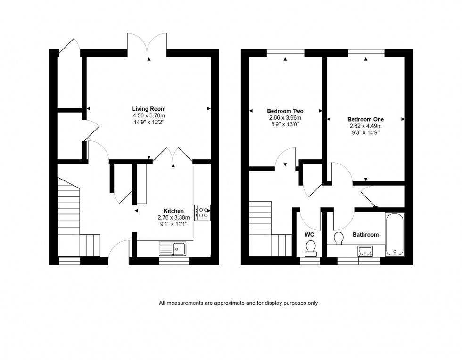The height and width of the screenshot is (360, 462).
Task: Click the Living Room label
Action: click(148, 109)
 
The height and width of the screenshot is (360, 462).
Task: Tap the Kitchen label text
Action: click(173, 211)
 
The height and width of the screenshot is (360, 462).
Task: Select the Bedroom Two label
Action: click(285, 111)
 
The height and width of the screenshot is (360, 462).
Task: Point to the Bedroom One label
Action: click(365, 119)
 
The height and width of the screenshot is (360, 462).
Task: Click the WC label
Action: click(309, 234)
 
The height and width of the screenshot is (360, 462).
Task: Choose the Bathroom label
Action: click(365, 234)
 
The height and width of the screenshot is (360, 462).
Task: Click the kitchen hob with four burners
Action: click(203, 213)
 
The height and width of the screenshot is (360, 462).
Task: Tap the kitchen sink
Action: click(173, 248)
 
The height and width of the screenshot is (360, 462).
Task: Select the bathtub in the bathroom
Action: click(395, 234)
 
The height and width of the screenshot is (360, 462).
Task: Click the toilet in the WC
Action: click(310, 247)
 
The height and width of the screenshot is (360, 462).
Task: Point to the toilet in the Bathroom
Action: click(338, 238)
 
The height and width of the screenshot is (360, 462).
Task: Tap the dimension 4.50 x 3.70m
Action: click(148, 115)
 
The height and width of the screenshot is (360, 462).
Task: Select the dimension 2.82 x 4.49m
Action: click(365, 126)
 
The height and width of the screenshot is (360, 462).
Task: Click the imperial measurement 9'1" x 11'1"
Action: click(173, 224)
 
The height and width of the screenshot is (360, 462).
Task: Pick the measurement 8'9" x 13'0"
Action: click(285, 124)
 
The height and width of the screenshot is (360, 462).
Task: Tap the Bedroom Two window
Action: click(286, 53)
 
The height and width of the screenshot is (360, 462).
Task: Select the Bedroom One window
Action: click(366, 53)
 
